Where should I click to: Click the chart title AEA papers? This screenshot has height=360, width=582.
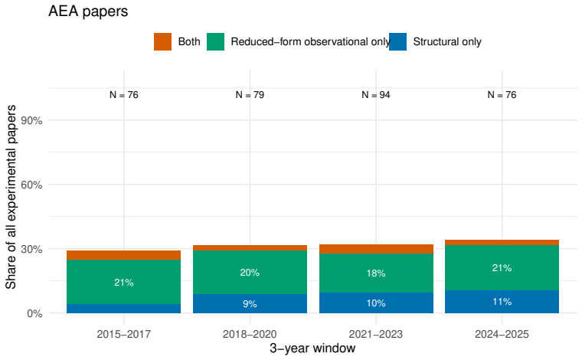88,11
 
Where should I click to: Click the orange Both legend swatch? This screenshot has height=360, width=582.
162,41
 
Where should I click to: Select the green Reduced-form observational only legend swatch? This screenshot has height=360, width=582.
215,41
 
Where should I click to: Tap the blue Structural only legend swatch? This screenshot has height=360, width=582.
397,41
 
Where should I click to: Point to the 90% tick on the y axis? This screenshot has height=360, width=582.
31,120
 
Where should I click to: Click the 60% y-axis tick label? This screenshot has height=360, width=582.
31,185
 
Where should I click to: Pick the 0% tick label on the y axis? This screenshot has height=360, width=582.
34,313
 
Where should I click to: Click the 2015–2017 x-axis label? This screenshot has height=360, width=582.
123,334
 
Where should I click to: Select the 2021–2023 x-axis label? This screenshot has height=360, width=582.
376,334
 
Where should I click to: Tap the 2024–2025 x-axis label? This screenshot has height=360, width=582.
502,334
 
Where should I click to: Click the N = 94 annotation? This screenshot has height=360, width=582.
376,95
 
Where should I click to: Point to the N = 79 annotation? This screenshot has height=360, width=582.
250,95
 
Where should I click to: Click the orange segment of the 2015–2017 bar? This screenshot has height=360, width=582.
123,255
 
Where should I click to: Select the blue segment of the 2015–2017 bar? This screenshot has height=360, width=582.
123,309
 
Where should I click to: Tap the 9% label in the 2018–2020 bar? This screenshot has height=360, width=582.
250,304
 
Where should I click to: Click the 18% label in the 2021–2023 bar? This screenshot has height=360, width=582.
376,273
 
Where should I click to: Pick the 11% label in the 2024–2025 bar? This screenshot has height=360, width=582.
502,302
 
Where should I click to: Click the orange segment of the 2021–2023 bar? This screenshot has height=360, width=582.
376,249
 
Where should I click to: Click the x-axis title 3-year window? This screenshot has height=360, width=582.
312,348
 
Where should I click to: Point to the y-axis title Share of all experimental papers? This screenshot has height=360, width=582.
11,197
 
